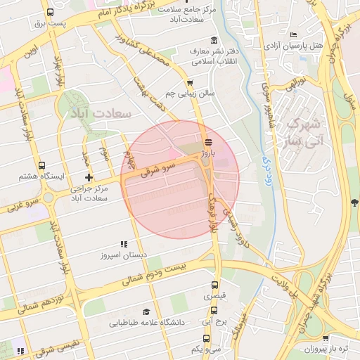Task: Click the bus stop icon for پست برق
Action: [49, 13]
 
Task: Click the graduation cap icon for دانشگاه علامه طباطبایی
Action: [146, 311]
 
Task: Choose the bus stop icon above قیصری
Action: [215, 285]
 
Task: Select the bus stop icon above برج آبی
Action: [215, 309]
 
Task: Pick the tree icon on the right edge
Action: [352, 203]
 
